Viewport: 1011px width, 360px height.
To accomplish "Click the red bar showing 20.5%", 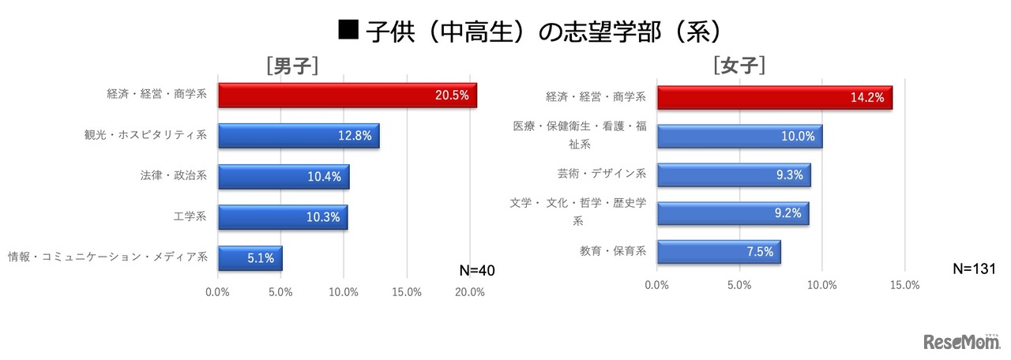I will (347, 95).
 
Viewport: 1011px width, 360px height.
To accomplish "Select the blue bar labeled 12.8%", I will (298, 135).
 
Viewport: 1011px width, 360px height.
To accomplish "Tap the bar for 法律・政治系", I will (283, 176).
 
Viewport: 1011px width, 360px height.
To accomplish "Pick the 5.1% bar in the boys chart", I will (250, 257).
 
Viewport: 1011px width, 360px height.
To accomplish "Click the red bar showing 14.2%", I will (774, 98).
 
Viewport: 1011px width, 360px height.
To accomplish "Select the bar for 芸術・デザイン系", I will (733, 174).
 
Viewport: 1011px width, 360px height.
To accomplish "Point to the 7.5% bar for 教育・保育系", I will (718, 251).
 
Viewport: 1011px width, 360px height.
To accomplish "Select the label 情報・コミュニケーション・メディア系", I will (107, 257).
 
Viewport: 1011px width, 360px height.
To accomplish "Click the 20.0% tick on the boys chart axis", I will (470, 292).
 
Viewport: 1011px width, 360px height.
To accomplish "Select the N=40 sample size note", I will (476, 271).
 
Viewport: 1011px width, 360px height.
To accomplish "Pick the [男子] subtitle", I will (292, 66).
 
